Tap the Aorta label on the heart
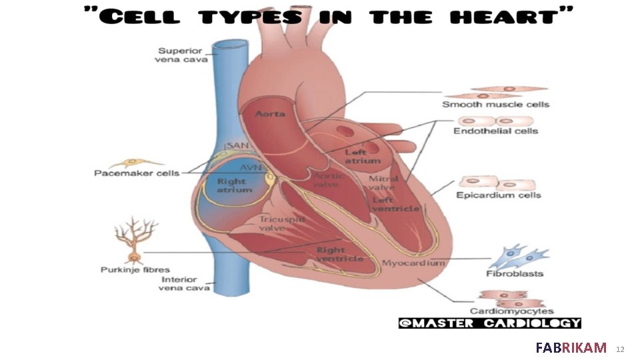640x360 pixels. pos(271,114)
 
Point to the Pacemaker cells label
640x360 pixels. pos(136,173)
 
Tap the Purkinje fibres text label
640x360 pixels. pos(135,270)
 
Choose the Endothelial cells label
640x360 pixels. pos(495,131)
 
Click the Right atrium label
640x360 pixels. pos(234,185)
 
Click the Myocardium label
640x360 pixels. pos(413,263)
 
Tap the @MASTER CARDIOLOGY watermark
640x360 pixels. pos(489,323)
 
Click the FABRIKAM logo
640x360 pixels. pos(571,347)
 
